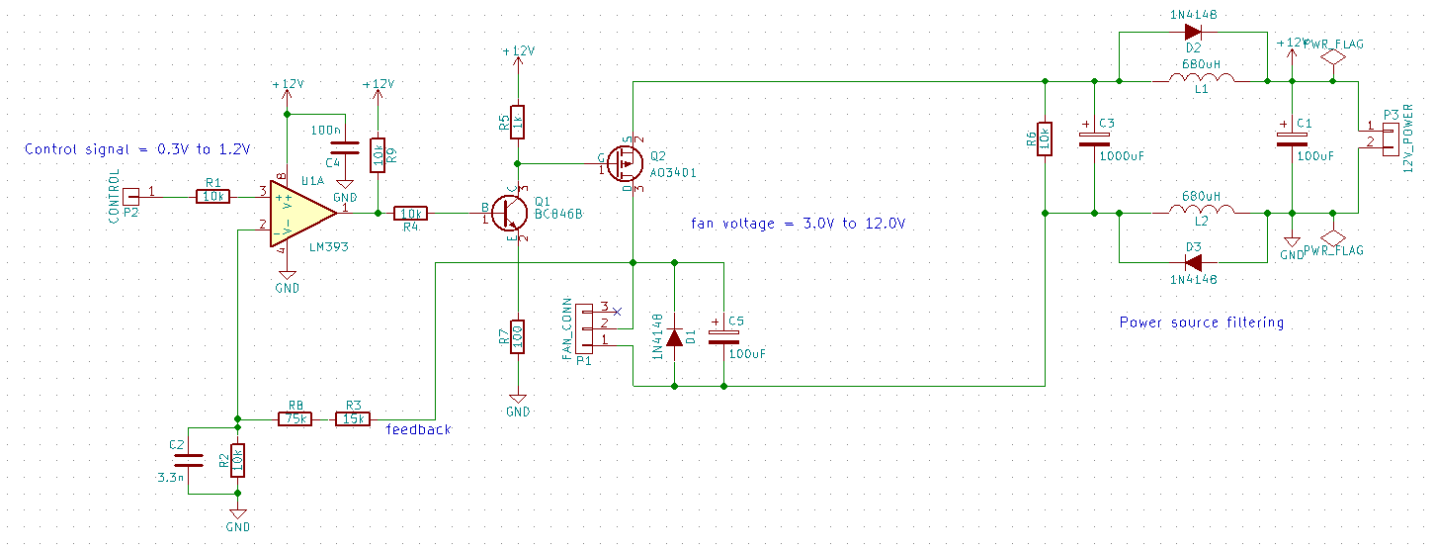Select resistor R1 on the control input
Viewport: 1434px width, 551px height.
tap(213, 197)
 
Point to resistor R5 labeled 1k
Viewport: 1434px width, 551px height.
tap(516, 122)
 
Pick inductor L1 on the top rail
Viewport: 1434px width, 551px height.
tap(1200, 80)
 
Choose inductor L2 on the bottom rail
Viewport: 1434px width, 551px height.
tap(1200, 212)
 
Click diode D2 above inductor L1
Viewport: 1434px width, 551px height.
tap(1193, 32)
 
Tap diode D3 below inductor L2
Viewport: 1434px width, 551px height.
tap(1193, 262)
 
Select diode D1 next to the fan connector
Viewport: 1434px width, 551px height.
tap(674, 337)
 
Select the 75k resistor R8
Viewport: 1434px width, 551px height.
tap(295, 418)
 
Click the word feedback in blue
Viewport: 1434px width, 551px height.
tap(418, 429)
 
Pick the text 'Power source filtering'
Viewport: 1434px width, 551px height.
tap(1201, 321)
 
